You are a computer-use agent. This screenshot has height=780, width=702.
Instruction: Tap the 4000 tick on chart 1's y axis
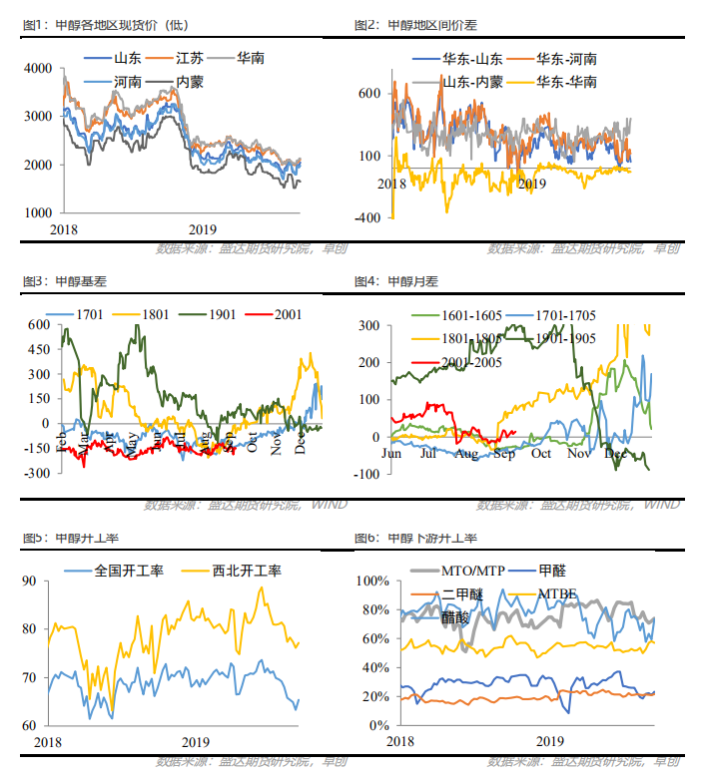[37, 68]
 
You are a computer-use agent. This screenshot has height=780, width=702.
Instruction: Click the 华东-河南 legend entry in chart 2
[567, 60]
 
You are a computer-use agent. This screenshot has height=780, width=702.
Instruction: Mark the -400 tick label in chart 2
[366, 217]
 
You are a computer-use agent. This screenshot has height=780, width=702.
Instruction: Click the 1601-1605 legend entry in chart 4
[449, 315]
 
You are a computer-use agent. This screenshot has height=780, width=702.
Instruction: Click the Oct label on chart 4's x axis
[540, 454]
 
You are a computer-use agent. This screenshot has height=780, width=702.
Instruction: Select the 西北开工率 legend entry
[247, 572]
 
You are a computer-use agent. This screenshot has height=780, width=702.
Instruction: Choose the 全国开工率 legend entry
[130, 572]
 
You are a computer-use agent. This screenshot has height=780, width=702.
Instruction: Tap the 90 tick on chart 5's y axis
[41, 581]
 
